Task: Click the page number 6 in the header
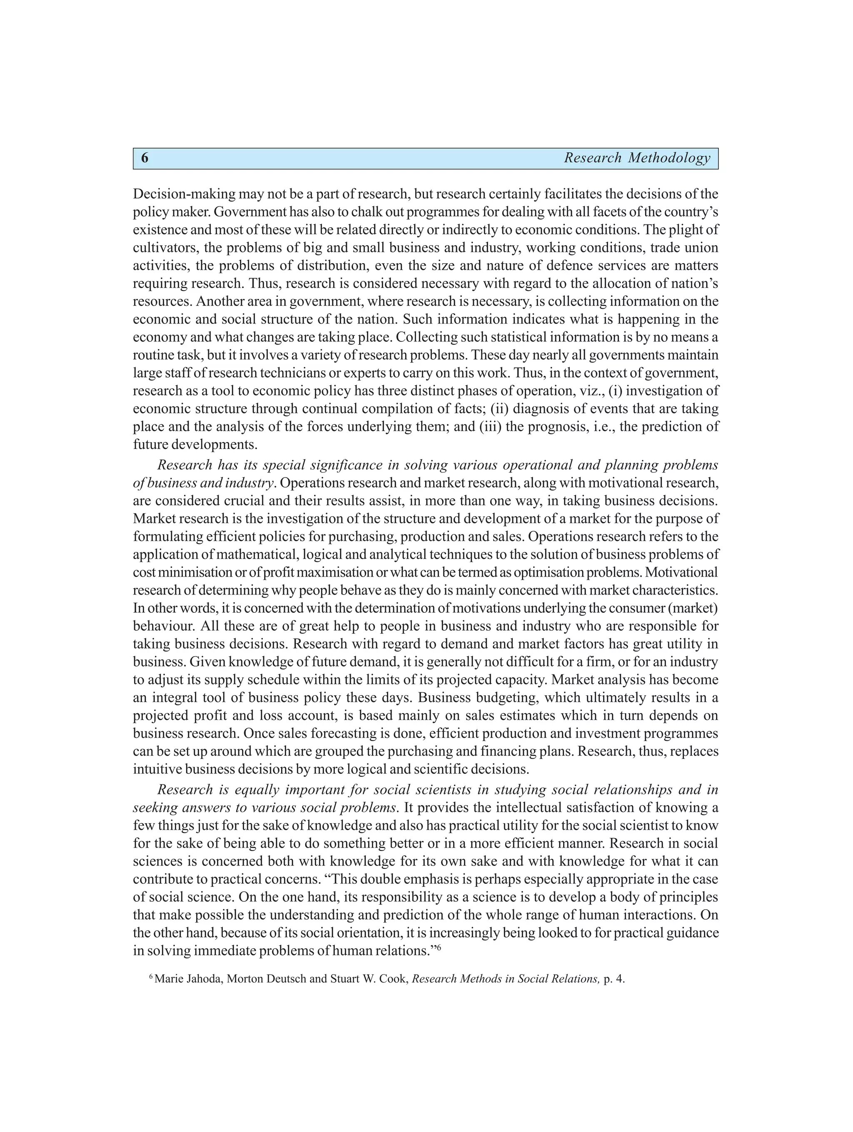tap(145, 158)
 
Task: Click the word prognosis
tap(554, 427)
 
